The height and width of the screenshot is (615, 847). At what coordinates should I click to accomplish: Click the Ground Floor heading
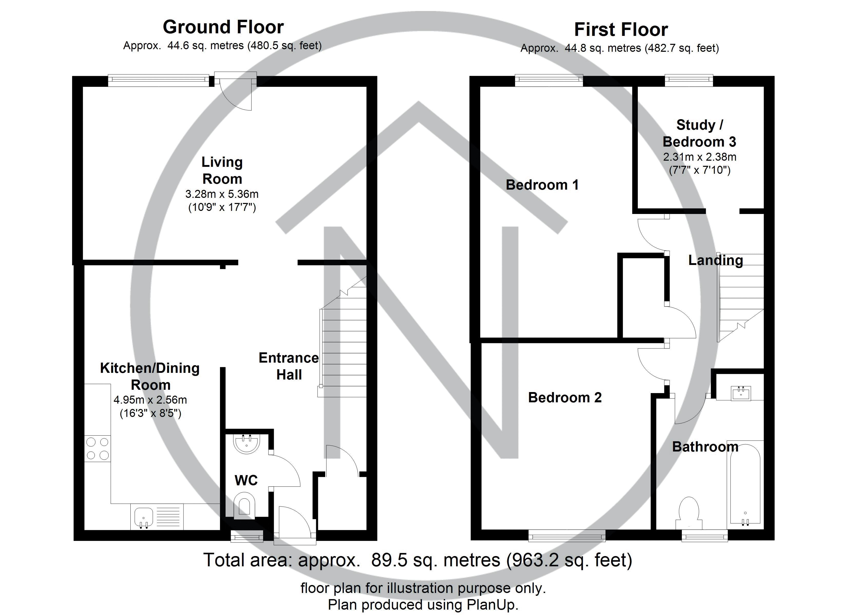click(223, 27)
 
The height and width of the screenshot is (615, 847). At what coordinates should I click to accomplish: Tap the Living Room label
click(222, 170)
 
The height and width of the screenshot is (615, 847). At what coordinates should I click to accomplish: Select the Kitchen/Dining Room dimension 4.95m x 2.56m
click(150, 400)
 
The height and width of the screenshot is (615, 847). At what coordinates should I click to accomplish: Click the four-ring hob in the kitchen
click(98, 449)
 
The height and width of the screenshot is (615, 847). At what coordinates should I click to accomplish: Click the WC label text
click(246, 480)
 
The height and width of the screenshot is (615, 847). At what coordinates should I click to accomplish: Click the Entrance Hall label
click(289, 366)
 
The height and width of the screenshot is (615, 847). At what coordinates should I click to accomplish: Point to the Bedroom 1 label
click(542, 185)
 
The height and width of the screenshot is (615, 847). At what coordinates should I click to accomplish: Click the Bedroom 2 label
click(565, 397)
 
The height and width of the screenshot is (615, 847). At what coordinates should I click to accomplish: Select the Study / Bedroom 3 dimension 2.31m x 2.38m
click(699, 157)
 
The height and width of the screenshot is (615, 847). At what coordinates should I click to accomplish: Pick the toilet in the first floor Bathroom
click(689, 512)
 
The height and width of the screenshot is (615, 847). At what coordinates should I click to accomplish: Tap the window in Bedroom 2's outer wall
click(566, 537)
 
